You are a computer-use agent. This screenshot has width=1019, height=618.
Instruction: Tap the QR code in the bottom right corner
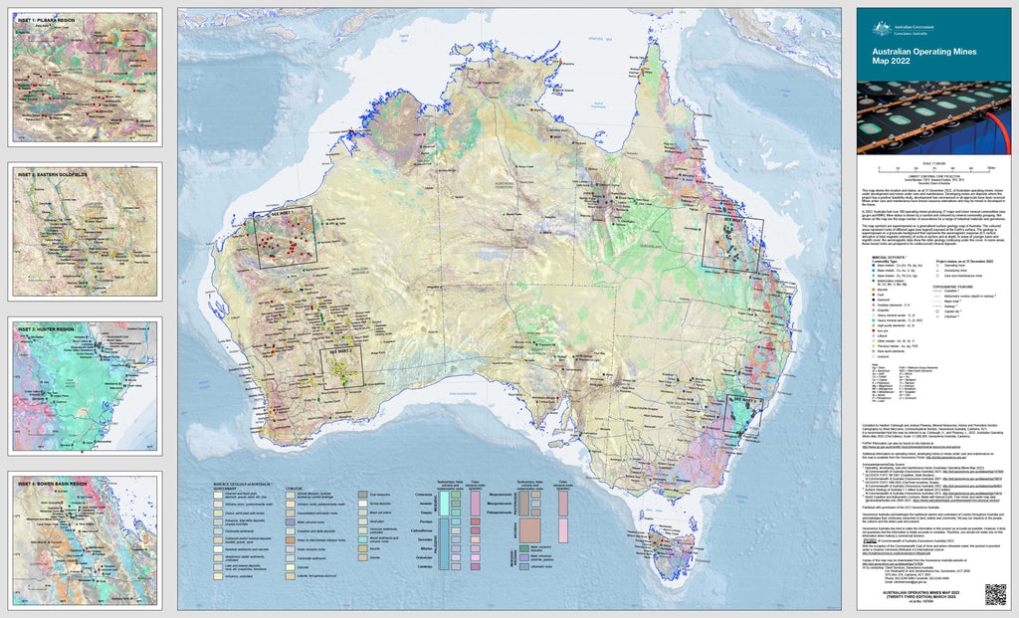point(995,593)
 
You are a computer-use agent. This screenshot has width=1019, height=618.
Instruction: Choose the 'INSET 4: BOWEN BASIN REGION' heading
point(52,482)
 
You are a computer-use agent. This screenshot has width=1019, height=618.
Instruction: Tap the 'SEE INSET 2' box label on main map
point(336,351)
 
